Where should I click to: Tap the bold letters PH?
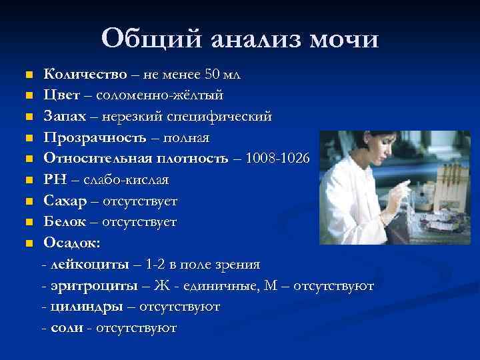point(55,180)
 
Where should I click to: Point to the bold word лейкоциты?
point(90,265)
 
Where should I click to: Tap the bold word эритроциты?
point(93,286)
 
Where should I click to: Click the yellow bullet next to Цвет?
point(29,95)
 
